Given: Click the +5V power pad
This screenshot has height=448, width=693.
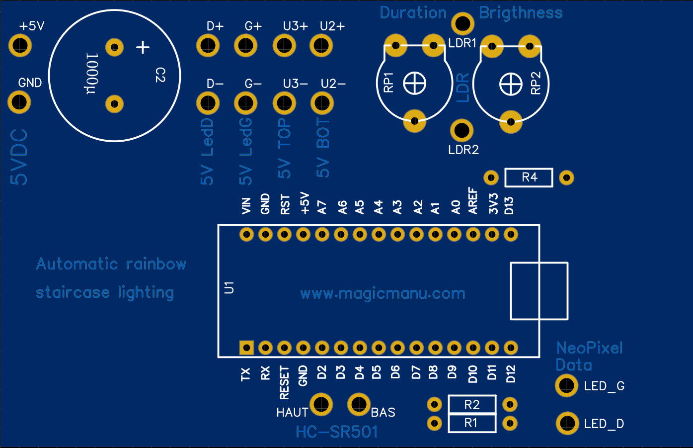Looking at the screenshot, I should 20,46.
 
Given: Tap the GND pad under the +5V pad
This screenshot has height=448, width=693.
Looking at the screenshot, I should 19,102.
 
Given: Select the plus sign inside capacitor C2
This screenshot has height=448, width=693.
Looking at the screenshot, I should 143,47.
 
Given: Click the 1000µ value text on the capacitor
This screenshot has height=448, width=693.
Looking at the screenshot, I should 92,74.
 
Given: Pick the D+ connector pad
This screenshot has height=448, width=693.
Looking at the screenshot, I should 208,46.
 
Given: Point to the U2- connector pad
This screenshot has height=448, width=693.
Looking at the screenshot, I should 322,103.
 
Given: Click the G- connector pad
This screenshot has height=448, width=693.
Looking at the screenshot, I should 245,103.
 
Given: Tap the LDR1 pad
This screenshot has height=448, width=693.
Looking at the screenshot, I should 462,23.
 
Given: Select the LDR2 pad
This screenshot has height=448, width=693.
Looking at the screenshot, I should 462,131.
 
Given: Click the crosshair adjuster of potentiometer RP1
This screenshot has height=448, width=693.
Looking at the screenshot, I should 414,83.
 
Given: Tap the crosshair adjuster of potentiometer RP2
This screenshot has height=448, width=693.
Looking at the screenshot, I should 511,84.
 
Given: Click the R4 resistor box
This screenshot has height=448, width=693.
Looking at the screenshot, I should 529,178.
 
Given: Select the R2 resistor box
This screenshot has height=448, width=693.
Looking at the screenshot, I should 472,405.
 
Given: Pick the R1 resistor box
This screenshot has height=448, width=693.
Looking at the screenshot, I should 472,423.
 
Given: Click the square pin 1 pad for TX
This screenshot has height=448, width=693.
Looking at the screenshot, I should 246,347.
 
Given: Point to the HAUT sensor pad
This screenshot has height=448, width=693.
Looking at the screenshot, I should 321,404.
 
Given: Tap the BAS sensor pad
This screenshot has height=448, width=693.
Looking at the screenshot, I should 359,404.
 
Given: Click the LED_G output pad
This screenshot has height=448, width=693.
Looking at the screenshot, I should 566,386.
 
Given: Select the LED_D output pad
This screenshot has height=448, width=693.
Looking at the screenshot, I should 567,424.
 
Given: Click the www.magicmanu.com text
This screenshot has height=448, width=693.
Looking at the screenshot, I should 383,293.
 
